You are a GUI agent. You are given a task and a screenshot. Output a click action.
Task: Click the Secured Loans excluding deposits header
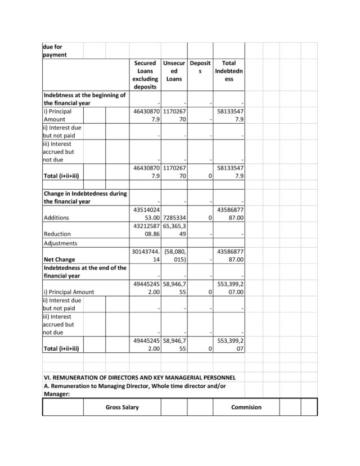[145, 75]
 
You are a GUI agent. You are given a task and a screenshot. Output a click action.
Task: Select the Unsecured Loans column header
[174, 71]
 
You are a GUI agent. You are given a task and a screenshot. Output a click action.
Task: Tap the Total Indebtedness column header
[229, 71]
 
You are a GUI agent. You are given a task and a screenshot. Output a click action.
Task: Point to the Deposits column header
[200, 68]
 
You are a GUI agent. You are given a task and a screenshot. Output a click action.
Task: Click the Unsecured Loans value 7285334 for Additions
[174, 217]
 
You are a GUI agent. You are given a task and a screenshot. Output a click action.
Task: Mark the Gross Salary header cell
[122, 407]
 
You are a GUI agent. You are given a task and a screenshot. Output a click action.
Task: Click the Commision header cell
[246, 407]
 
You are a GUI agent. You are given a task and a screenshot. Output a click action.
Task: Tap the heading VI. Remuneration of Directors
[139, 377]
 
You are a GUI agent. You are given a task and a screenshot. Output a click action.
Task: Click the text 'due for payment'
[55, 51]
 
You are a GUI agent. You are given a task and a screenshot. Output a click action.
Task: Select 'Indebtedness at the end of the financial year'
[85, 272]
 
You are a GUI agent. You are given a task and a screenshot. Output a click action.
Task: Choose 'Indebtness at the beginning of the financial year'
[84, 99]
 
